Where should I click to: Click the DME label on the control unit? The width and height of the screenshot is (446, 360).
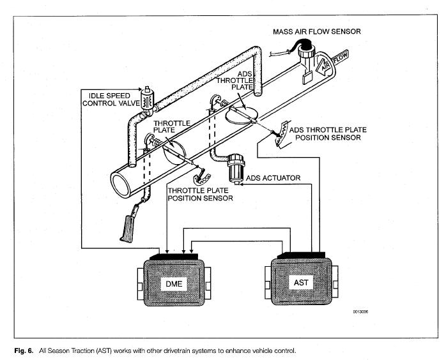click(x=174, y=283)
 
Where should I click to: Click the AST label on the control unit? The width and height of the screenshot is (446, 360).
click(x=301, y=282)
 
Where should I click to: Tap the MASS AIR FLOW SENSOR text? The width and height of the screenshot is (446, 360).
click(x=316, y=31)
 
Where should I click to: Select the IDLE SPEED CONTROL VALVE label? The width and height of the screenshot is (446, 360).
click(x=111, y=100)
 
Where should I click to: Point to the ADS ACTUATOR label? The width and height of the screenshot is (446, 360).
click(x=273, y=178)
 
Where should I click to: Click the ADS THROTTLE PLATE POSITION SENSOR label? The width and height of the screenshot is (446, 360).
click(x=328, y=133)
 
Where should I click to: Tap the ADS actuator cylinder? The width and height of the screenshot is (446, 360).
click(x=236, y=169)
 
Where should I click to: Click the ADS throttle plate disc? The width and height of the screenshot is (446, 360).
click(x=242, y=115)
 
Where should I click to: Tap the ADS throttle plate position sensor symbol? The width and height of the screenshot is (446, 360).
click(x=282, y=133)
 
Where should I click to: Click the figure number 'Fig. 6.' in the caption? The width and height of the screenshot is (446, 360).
click(x=24, y=350)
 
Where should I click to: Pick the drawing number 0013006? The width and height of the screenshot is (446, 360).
click(x=360, y=311)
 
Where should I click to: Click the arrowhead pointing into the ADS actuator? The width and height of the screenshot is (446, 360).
click(x=242, y=184)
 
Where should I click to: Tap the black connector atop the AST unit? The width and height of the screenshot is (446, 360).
click(x=302, y=255)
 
